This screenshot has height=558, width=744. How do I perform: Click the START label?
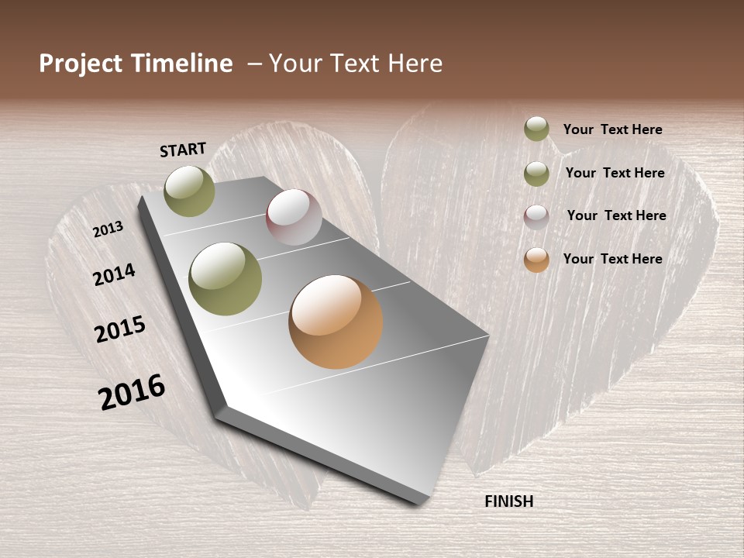click(183, 150)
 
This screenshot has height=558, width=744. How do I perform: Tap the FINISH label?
click(508, 501)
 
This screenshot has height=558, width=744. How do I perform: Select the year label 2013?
click(108, 229)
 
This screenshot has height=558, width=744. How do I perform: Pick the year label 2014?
click(114, 274)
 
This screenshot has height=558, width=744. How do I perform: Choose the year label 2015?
click(120, 329)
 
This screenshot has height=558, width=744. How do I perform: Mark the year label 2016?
click(132, 391)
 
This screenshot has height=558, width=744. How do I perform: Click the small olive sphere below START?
click(190, 191)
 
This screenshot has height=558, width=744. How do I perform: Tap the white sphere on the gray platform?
click(294, 217)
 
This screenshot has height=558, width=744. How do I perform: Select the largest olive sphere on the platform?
click(226, 279)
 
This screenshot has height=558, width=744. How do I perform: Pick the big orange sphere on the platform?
click(336, 322)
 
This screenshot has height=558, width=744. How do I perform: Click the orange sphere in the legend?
click(536, 260)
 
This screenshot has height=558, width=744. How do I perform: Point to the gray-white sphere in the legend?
click(536, 217)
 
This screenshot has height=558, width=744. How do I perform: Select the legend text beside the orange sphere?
click(612, 259)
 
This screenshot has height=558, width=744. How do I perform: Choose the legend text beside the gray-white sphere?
click(616, 215)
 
